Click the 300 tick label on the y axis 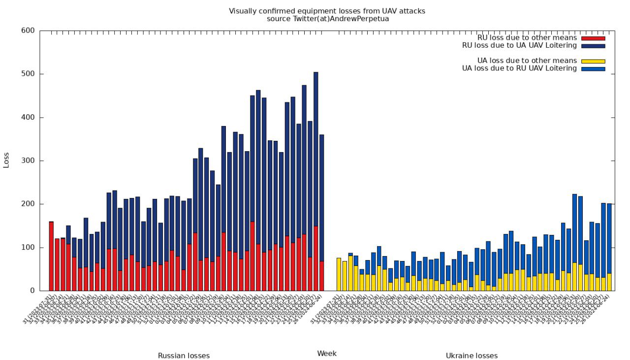28,161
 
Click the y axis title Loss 6,161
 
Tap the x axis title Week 327,353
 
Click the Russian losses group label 184,356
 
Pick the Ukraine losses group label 472,356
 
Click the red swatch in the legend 593,38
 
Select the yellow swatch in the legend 593,61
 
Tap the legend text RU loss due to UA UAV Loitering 519,45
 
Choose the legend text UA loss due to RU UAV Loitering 519,68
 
